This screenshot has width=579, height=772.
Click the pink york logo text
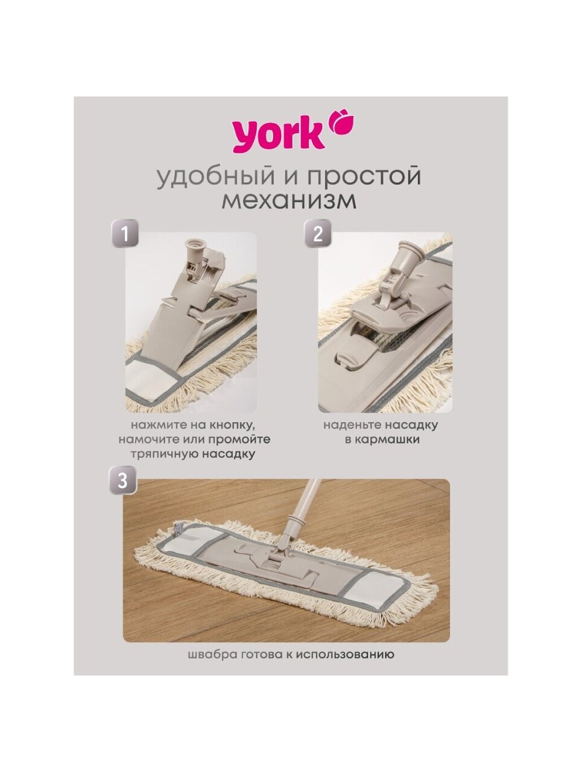278,136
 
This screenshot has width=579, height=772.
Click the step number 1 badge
125,234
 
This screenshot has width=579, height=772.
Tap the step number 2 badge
318,233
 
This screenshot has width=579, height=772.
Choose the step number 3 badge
122,480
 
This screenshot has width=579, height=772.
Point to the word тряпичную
165,454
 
